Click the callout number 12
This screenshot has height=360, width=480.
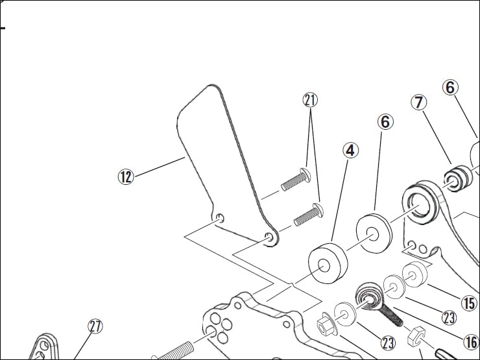[x=125, y=176]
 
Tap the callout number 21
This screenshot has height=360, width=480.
[x=311, y=100]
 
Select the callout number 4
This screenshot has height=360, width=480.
[x=350, y=150]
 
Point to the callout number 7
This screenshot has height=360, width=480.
[x=420, y=102]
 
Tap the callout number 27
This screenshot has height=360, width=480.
[x=95, y=326]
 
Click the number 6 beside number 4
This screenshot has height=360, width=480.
[x=385, y=121]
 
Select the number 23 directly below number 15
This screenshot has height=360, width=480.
[x=448, y=317]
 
